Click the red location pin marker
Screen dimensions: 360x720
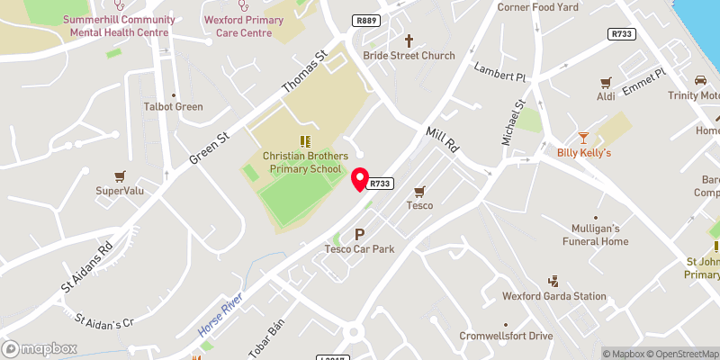(x=360, y=179)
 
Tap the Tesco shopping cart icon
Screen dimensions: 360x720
(x=419, y=191)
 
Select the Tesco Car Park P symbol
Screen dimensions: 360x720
(x=360, y=234)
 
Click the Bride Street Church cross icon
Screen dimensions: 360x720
(x=409, y=40)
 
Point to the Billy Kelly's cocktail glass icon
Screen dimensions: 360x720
(x=583, y=138)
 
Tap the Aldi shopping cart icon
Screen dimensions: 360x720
(x=606, y=81)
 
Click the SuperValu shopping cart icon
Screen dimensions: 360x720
(x=119, y=175)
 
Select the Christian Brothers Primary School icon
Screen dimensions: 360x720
(x=303, y=140)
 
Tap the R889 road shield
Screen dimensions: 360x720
(x=366, y=20)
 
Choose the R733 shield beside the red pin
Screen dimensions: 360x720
(x=382, y=184)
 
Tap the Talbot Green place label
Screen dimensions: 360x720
(x=174, y=106)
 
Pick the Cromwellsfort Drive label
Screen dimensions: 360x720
(x=516, y=336)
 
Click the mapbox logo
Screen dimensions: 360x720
(x=39, y=348)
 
